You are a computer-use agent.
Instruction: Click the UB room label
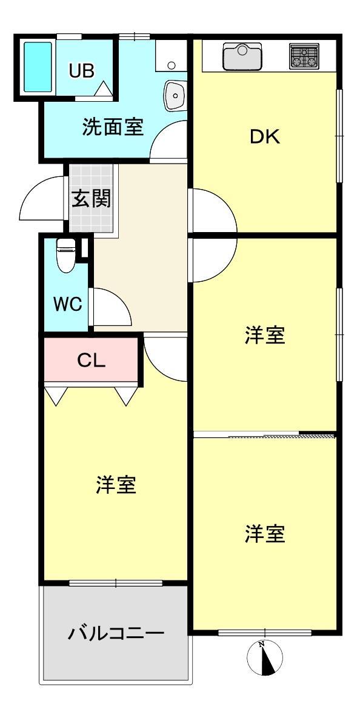pos(82,70)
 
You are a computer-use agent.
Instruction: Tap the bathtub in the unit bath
pos(38,67)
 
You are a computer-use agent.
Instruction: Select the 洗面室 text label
pos(113,127)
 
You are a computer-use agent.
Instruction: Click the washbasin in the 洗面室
pos(175,95)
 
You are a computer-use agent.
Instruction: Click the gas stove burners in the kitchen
pos(304,56)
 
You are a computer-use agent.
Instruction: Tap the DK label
pos(265,137)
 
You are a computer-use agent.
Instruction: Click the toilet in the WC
pos(66,255)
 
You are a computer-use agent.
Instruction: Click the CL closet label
pos(91,361)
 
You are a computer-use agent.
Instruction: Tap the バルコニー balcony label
pos(116,633)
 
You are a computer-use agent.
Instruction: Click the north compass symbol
pos(264,657)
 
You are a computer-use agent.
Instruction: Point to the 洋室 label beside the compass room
pos(265,533)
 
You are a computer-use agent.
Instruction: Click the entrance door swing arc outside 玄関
pos(34,187)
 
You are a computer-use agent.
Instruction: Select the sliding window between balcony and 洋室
pos(116,582)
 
